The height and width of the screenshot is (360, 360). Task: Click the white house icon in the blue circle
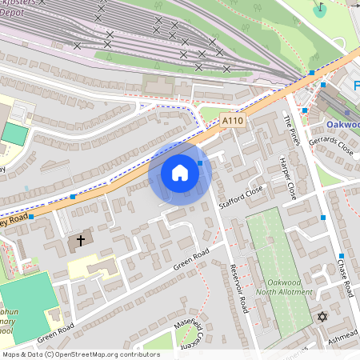tap(180, 173)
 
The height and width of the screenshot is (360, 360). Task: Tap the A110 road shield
tap(232, 121)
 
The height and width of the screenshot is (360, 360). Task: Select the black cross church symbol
tap(81, 239)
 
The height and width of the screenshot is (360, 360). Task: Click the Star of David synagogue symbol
tap(323, 318)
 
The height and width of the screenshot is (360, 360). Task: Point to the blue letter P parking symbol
tap(356, 85)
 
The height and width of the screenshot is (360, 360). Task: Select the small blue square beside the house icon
tap(200, 162)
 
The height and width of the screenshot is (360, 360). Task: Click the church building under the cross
tap(79, 244)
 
